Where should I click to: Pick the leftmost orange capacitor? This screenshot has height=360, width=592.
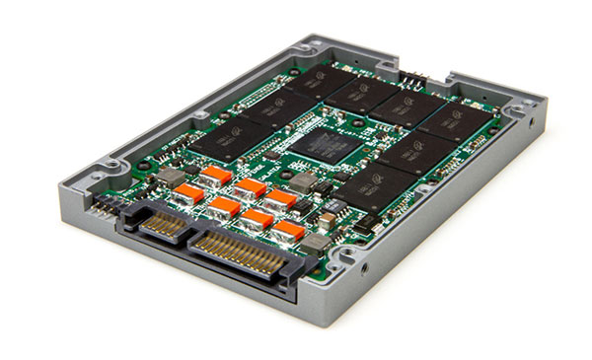[187, 193]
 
